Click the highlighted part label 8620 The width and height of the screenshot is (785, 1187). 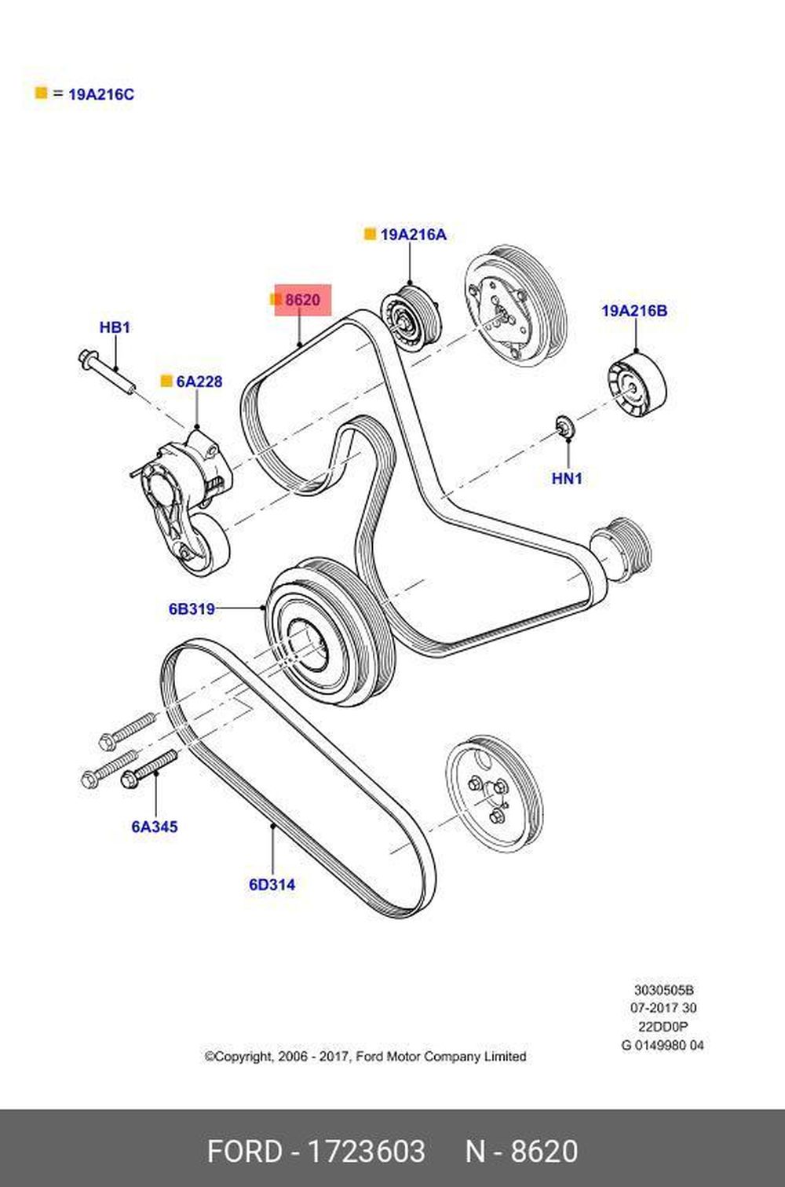302,300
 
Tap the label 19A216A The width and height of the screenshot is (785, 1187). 413,235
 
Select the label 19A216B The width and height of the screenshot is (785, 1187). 634,311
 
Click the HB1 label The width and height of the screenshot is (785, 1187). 115,327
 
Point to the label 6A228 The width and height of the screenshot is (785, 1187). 199,382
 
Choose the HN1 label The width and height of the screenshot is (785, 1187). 567,477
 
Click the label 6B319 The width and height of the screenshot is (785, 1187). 192,608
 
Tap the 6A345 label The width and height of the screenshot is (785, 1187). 155,827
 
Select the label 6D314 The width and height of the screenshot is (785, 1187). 272,885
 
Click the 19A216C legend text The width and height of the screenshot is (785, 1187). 101,95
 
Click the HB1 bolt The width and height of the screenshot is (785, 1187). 106,372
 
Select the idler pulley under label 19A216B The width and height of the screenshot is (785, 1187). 637,389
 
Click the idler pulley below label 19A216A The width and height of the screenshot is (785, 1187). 411,317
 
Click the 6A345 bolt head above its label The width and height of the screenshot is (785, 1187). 130,780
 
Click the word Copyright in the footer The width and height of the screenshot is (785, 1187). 240,1057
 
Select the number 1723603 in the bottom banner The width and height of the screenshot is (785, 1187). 366,1152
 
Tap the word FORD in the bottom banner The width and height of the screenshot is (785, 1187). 244,1152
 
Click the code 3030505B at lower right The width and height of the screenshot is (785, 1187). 663,991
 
